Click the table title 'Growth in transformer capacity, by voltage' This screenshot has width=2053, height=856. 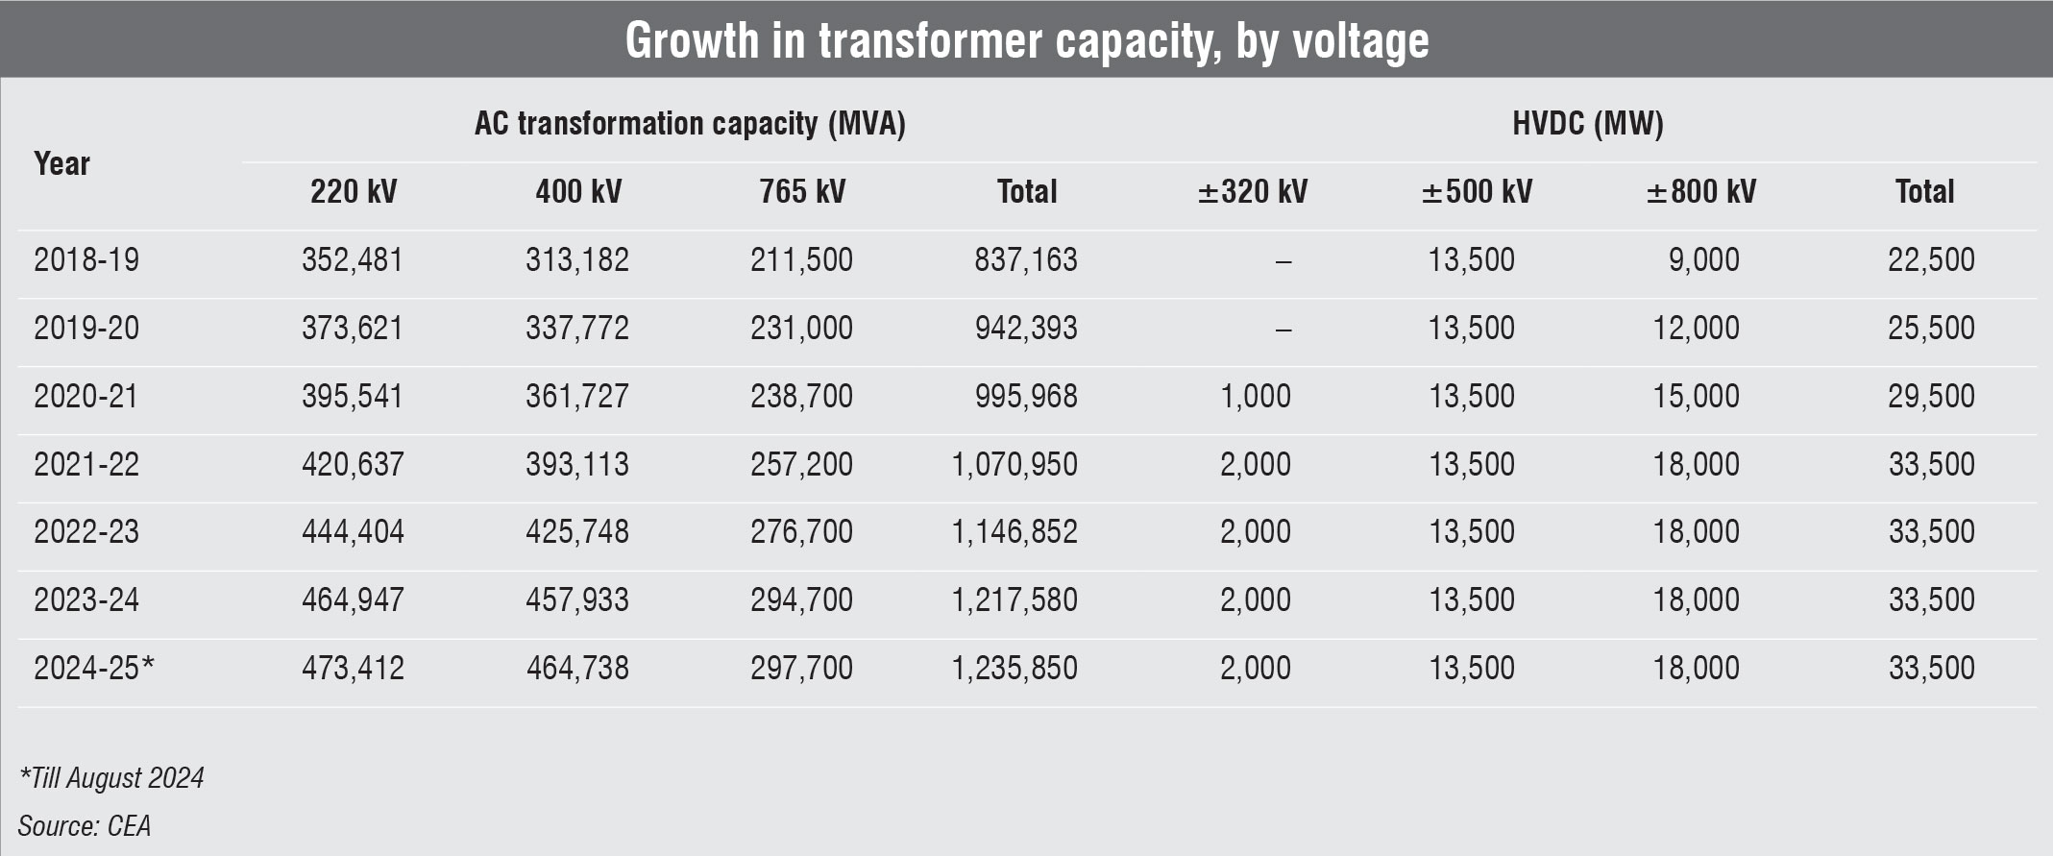(1026, 40)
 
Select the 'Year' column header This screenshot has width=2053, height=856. (61, 163)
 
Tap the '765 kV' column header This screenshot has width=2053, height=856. (802, 191)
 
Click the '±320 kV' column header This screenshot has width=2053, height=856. (1252, 191)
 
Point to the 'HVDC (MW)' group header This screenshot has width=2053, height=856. (1587, 124)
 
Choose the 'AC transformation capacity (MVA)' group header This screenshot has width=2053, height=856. (690, 124)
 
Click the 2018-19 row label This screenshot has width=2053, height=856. (86, 259)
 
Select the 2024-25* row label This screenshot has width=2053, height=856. (94, 668)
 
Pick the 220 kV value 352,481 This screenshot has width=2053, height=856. (353, 259)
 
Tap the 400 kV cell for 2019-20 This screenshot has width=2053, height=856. (577, 328)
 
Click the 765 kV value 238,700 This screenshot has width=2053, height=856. (801, 396)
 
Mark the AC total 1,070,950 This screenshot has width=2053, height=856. (1014, 464)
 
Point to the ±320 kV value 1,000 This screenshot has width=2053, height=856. (1256, 396)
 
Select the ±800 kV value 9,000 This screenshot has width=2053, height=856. (1703, 259)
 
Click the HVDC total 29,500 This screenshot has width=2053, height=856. (1931, 396)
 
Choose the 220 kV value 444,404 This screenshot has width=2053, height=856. (353, 531)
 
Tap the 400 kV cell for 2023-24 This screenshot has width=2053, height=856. (577, 599)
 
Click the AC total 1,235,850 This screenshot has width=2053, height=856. (1014, 668)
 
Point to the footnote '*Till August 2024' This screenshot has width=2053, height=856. (111, 777)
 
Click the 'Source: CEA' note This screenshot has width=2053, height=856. (85, 825)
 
